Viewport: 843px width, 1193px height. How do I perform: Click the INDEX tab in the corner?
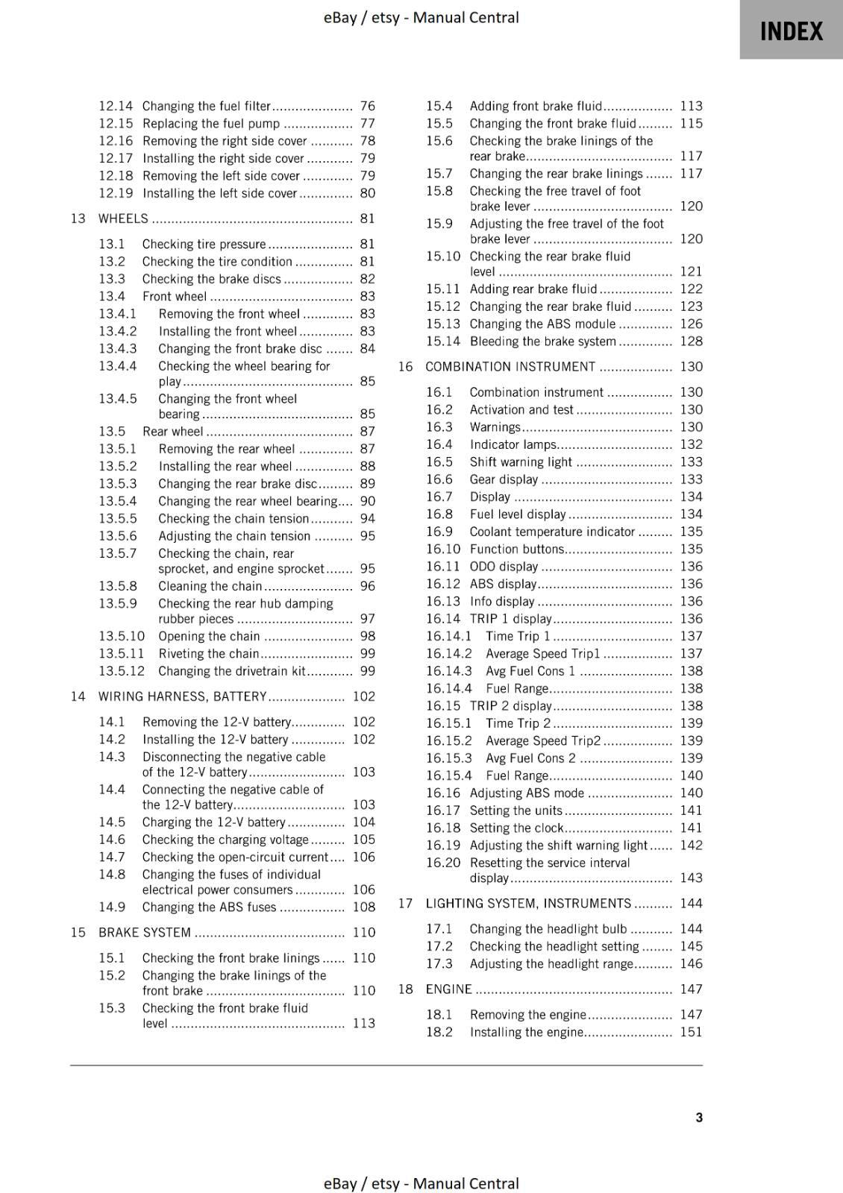(791, 31)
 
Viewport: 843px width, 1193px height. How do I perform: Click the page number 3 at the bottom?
(699, 1117)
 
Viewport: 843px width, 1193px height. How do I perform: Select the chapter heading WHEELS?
(123, 218)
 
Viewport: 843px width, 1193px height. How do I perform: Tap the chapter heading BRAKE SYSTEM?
(145, 932)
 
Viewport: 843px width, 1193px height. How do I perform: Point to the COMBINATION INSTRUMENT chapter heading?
(510, 366)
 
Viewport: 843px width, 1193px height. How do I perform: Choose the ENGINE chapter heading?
(448, 989)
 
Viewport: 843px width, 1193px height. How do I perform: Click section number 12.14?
(116, 106)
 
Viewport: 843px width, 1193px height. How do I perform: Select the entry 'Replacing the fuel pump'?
(211, 124)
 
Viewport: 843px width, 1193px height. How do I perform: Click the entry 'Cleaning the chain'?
(210, 586)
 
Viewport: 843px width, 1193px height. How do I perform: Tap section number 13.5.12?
(122, 671)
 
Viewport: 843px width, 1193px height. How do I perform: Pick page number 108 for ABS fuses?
(364, 907)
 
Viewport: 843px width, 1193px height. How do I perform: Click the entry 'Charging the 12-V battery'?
(213, 822)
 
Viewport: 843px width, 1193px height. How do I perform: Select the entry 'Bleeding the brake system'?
(543, 341)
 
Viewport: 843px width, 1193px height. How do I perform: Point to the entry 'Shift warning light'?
(521, 462)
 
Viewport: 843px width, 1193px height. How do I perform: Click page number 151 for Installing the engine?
(691, 1032)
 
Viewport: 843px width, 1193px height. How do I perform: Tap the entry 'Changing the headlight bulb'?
(548, 928)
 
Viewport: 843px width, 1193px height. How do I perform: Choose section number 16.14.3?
(449, 671)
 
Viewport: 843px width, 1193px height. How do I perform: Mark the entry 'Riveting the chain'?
(209, 654)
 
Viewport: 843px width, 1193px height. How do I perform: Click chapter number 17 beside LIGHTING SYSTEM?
(405, 903)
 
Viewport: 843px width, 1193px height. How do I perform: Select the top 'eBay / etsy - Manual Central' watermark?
(421, 17)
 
